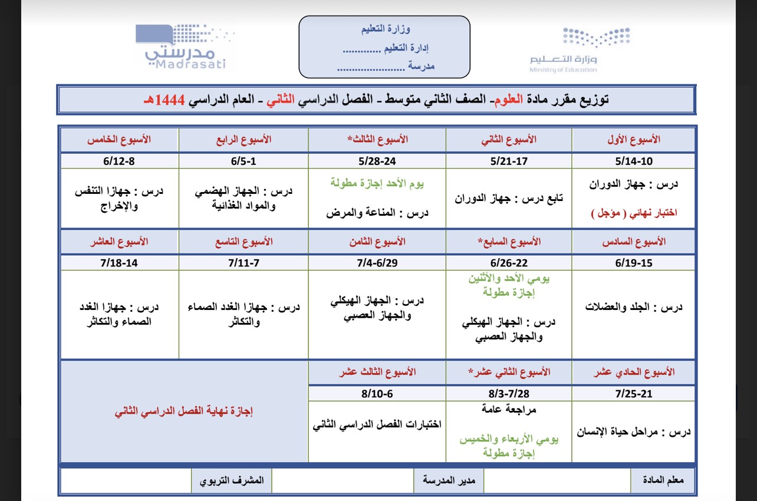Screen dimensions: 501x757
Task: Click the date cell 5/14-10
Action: pos(633,161)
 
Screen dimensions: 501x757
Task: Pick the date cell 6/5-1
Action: pos(243,161)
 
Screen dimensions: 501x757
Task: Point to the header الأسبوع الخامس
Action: pos(119,140)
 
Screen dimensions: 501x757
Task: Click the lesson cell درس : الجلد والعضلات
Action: pos(634,307)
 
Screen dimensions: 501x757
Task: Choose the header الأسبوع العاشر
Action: pos(119,242)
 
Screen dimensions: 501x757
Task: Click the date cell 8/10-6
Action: pos(377,393)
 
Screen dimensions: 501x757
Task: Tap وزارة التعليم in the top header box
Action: pos(386,28)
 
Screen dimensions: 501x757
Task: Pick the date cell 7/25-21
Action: pos(633,393)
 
